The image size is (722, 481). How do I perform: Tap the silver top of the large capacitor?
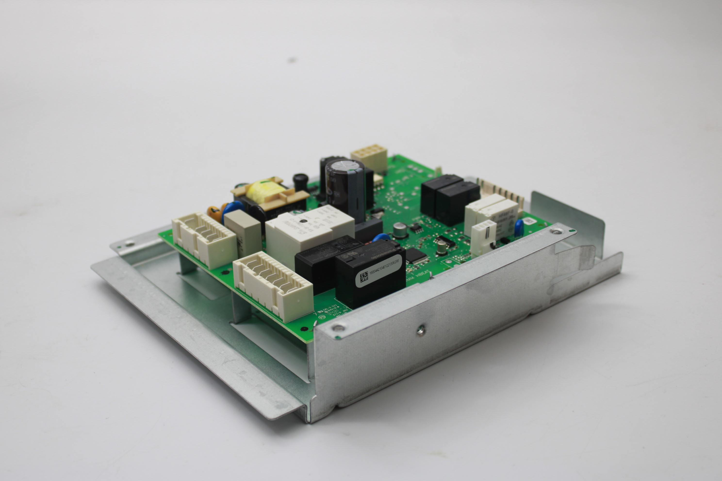(x=345, y=168)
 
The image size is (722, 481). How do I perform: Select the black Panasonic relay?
(x=370, y=274)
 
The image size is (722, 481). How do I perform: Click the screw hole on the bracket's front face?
(x=421, y=330)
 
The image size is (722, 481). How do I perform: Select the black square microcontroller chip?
(x=417, y=257)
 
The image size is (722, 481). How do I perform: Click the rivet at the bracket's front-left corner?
(x=337, y=328)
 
